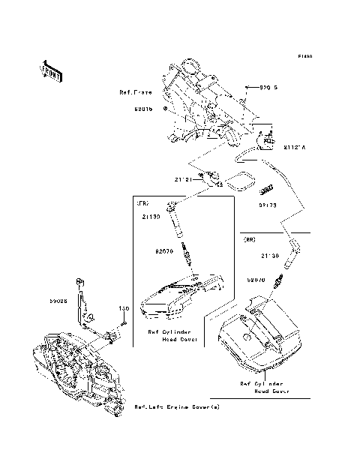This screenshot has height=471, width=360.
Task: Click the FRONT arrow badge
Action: point(51,69)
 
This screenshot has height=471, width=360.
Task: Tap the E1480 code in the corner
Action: point(304,56)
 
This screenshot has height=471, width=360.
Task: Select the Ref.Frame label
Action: point(136,92)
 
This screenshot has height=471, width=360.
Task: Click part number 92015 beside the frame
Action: point(143,108)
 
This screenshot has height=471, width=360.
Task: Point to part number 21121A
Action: point(295,146)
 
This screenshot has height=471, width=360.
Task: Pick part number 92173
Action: point(268,204)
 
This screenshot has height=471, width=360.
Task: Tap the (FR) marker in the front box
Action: point(142,203)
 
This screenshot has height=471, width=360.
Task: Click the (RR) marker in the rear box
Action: point(250,241)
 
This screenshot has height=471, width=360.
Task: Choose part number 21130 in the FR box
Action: point(151,217)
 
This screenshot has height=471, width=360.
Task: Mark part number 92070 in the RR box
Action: point(257,279)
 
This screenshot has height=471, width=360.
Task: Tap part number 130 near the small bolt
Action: point(124,308)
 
